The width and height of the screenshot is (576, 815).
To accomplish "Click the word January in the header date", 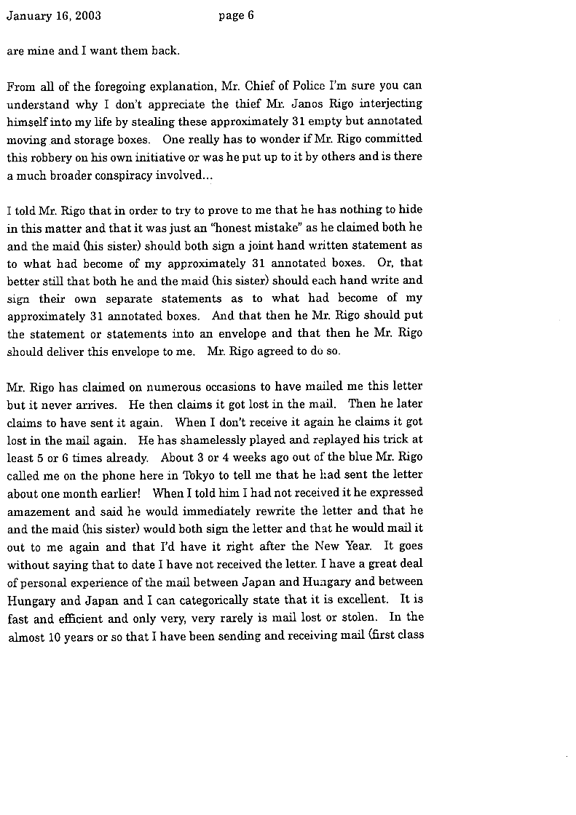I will tap(28, 16).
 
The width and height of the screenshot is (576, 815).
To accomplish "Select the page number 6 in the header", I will tap(250, 16).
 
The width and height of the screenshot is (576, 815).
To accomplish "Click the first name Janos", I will tap(295, 104).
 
